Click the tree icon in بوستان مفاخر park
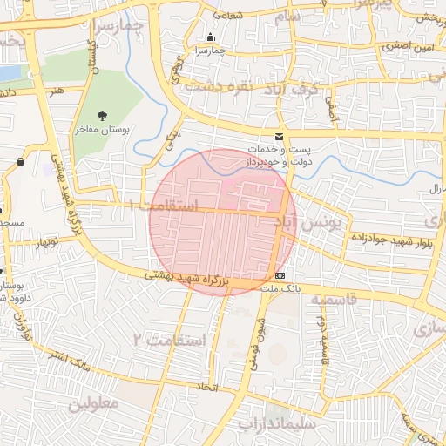point(104,115)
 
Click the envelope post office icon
point(279,137)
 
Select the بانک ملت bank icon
point(279,275)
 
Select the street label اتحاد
point(206,385)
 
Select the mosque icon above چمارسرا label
point(209,37)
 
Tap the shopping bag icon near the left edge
point(20,161)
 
